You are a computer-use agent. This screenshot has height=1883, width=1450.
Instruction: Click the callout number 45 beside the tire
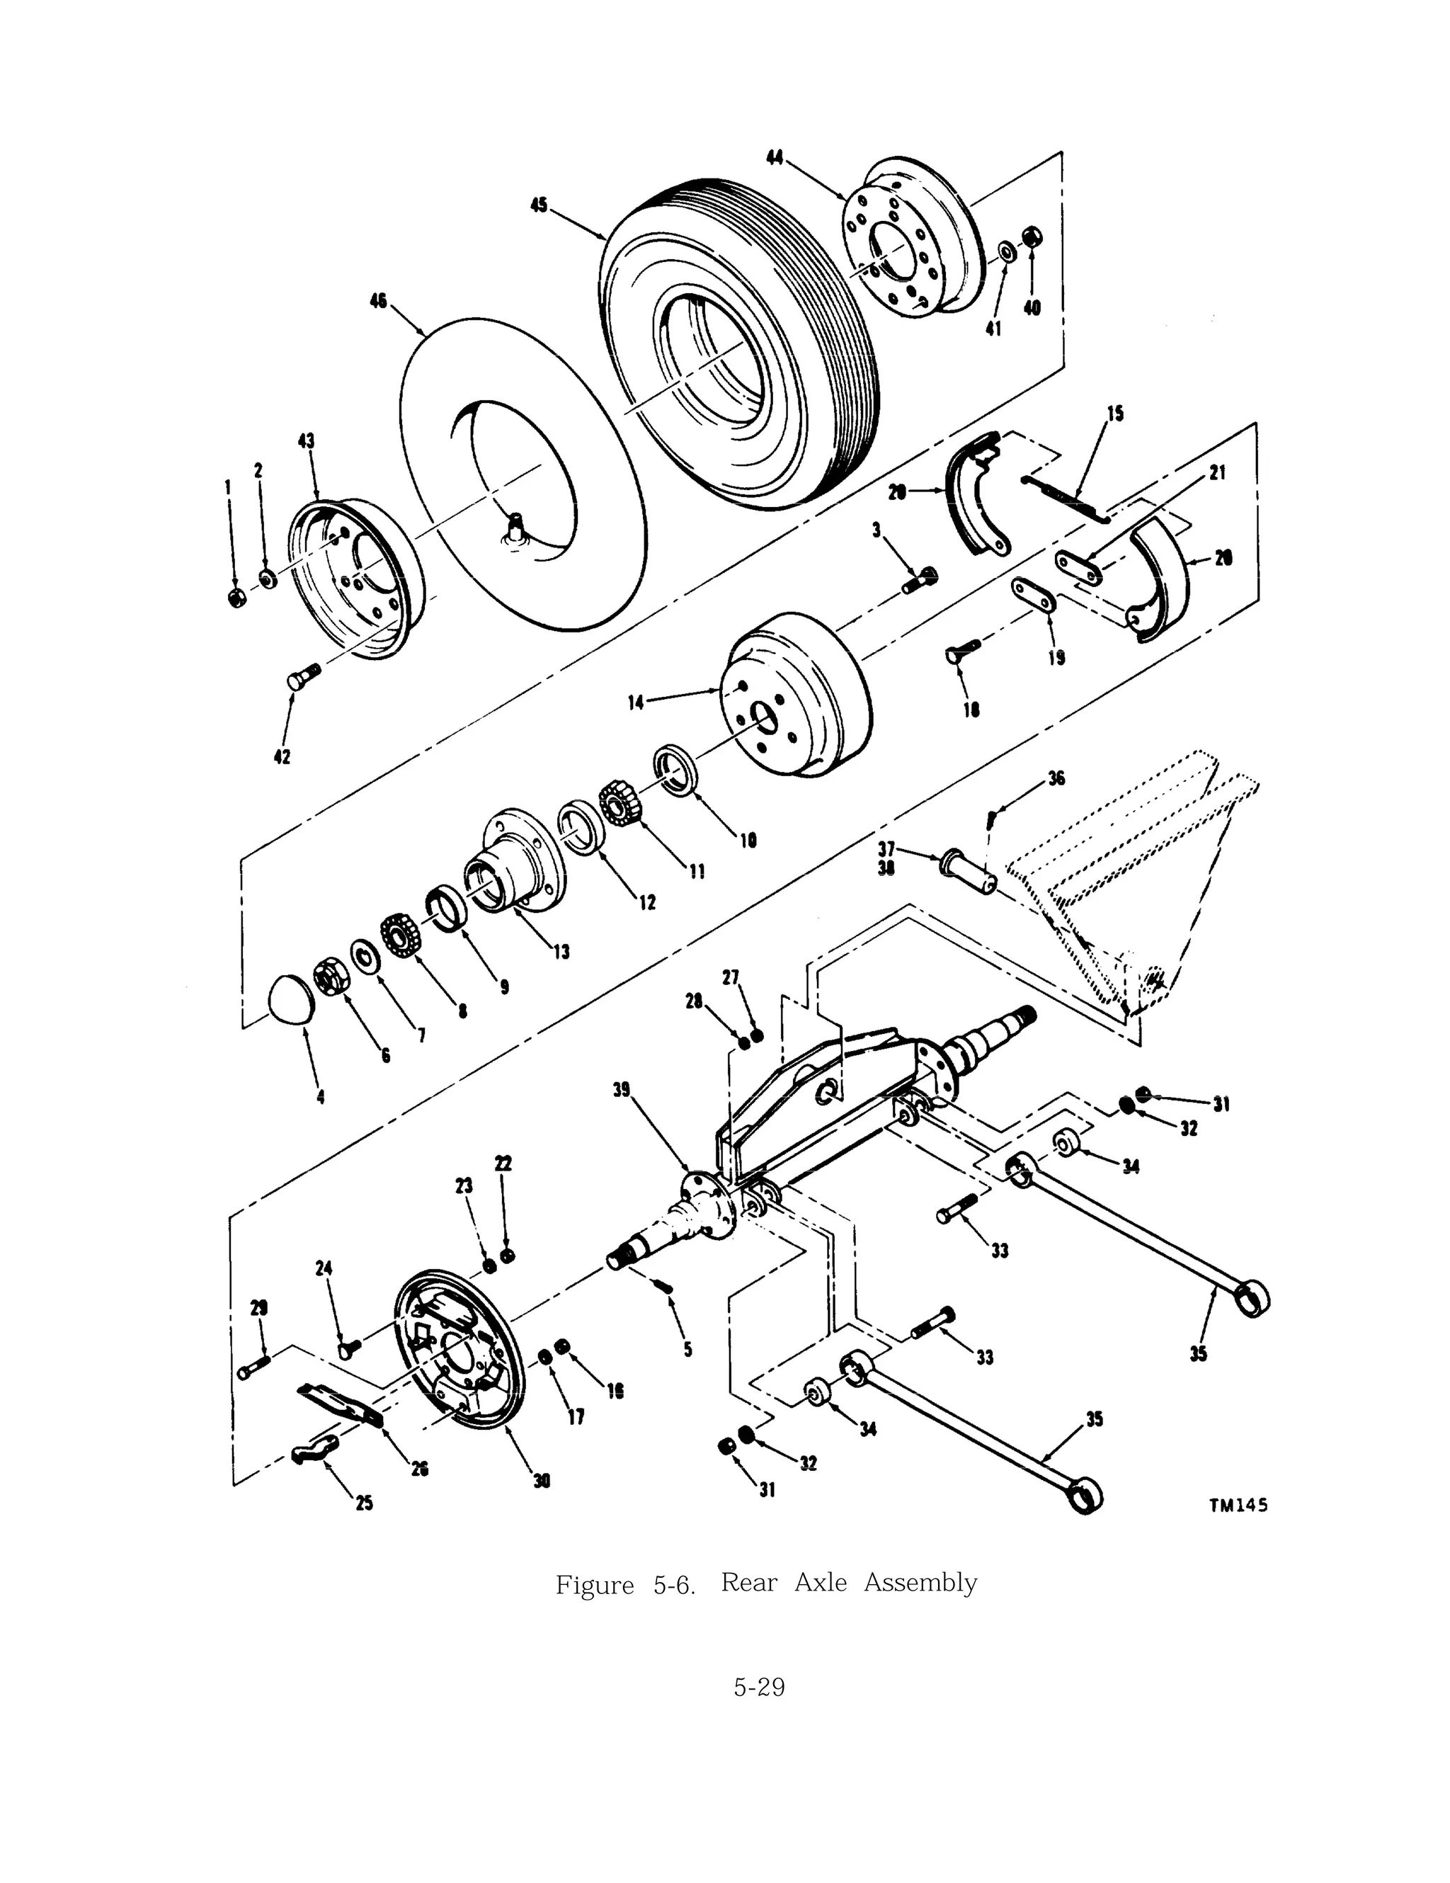click(539, 206)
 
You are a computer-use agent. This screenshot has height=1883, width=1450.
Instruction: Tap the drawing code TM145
click(1238, 1506)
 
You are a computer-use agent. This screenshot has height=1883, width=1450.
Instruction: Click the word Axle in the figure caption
click(820, 1583)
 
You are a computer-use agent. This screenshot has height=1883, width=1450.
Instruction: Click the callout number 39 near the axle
click(622, 1090)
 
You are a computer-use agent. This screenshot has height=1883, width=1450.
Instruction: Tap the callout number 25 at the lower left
click(365, 1503)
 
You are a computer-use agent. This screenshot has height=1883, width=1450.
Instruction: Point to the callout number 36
click(1057, 778)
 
